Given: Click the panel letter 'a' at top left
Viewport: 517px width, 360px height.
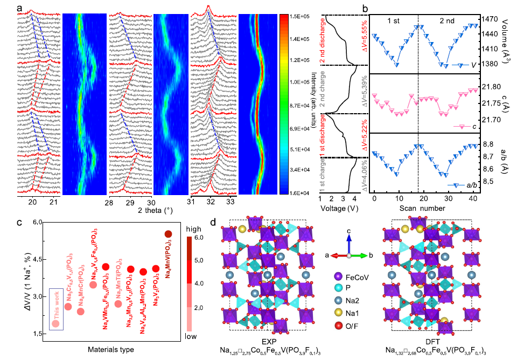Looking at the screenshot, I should [19, 8].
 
